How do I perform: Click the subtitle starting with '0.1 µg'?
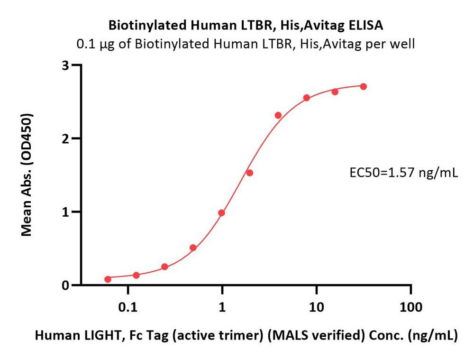coord(246,44)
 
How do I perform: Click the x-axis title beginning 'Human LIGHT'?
coord(246,336)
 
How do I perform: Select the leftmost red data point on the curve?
coord(108,279)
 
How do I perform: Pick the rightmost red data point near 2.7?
coord(364,86)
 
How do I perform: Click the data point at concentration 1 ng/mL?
coord(221,213)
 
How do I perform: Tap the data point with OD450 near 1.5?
coord(250,173)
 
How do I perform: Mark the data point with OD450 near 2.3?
coord(278,115)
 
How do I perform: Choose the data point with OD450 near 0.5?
coord(193,248)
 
